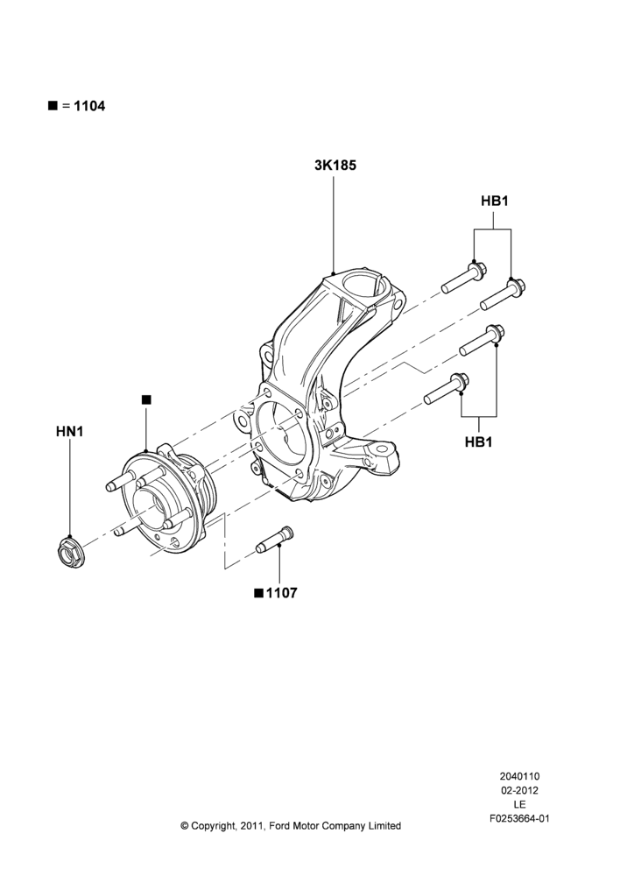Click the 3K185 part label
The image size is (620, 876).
(x=335, y=166)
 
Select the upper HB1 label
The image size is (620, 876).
(x=494, y=201)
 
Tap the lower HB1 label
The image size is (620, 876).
(x=479, y=442)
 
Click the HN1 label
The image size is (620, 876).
(x=70, y=431)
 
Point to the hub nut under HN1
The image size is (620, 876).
(x=70, y=549)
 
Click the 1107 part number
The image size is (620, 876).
(x=281, y=593)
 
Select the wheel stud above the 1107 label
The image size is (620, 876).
(x=275, y=539)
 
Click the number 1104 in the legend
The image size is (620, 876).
(x=89, y=106)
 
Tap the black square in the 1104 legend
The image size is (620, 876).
(x=53, y=106)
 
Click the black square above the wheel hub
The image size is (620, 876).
(x=146, y=399)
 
